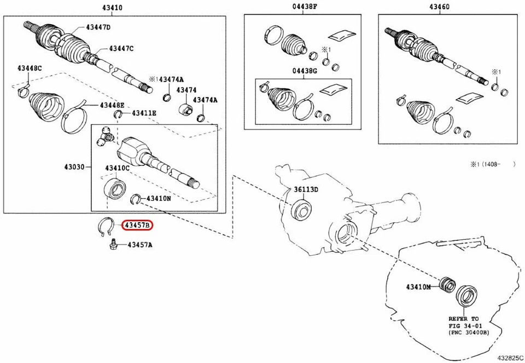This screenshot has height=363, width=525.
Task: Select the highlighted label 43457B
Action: pyautogui.click(x=137, y=226)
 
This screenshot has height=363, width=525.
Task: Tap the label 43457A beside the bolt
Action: pyautogui.click(x=139, y=245)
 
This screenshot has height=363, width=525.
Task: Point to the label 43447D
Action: pyautogui.click(x=98, y=27)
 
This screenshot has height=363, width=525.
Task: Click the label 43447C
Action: pyautogui.click(x=121, y=48)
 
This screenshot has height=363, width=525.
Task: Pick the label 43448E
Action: pyautogui.click(x=112, y=105)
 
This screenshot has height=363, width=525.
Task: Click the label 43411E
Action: pyautogui.click(x=144, y=113)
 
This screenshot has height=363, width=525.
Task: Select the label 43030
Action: pyautogui.click(x=73, y=167)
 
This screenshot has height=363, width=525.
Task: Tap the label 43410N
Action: pyautogui.click(x=159, y=199)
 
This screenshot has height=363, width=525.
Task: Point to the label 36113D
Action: pyautogui.click(x=306, y=189)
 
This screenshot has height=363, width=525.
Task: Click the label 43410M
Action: pyautogui.click(x=419, y=287)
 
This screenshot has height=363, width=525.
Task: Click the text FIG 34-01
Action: pyautogui.click(x=464, y=325)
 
